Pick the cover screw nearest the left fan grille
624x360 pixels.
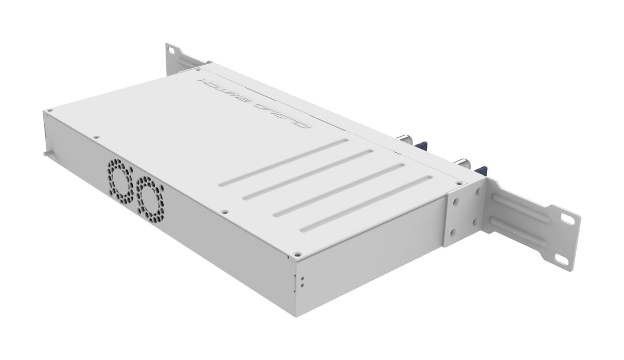[96, 137]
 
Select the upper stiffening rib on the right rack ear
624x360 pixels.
[520, 205]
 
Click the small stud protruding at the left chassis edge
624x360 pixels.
[46, 153]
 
